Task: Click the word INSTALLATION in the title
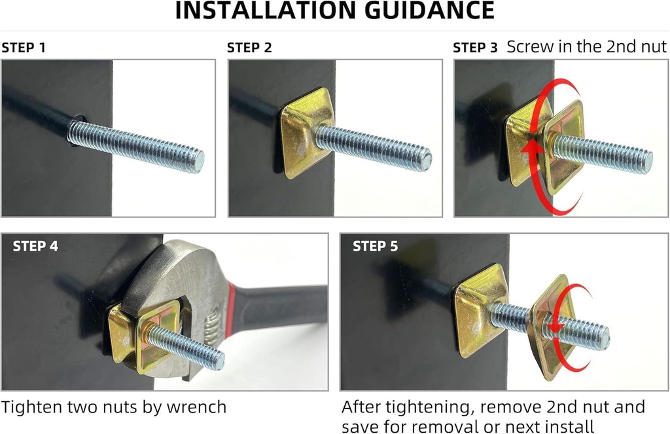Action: pos(262,11)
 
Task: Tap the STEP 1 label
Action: pos(24,48)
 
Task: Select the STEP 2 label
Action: pos(249,48)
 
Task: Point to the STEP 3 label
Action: pos(475,48)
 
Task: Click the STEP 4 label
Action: pos(35,247)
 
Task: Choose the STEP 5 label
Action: pos(375,247)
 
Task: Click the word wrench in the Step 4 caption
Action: pos(194,407)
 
